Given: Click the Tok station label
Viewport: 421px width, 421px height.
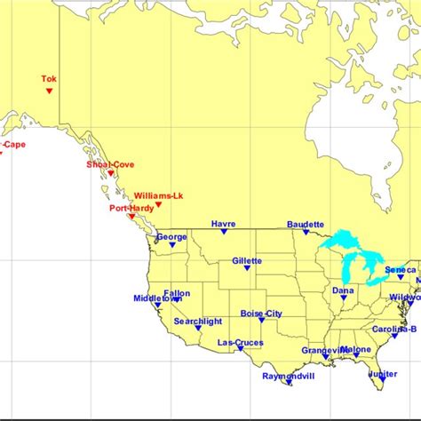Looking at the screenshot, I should tap(49, 79).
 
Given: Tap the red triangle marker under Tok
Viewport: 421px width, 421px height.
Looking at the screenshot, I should tap(49, 91).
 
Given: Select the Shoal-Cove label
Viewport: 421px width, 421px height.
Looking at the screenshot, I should tap(110, 164).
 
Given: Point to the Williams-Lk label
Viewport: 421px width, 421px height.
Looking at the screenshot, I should tap(158, 195).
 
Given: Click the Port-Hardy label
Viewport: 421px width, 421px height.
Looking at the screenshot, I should tap(131, 208).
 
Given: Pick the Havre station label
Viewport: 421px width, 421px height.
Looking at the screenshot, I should tap(224, 224).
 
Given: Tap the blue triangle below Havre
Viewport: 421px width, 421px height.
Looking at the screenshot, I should tap(225, 233).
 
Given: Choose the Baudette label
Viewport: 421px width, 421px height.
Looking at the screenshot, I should tap(306, 225).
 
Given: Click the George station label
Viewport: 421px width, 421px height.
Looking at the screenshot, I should tap(172, 237).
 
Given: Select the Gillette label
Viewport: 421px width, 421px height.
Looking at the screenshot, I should tap(247, 261).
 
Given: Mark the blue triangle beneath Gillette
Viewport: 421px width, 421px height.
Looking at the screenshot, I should tap(247, 270).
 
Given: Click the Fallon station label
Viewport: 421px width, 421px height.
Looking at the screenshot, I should tap(177, 292).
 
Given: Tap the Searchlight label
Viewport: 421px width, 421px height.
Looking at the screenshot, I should tap(198, 321).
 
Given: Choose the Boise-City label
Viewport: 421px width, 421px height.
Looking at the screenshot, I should tap(261, 314).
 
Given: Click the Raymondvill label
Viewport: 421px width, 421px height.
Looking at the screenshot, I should tap(289, 376).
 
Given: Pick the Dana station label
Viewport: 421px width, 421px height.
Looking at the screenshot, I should tap(343, 290).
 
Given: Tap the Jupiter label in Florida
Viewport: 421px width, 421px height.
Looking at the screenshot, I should tap(383, 374).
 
